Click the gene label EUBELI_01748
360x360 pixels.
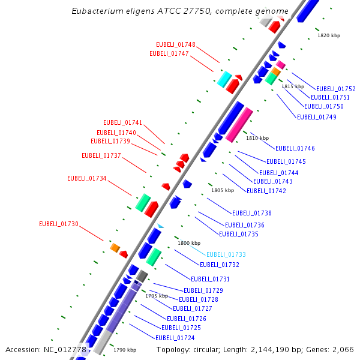point(176,44)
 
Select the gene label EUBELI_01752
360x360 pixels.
point(336,89)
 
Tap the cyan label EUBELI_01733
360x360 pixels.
point(226,254)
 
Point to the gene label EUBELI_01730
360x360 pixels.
point(59,224)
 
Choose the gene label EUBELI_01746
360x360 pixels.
point(295,148)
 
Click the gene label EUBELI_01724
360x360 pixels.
point(178,338)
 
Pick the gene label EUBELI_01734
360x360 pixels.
point(87,178)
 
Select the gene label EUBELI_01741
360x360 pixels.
point(123,122)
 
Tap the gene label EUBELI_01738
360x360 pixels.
point(252,213)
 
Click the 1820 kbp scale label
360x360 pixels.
point(329,35)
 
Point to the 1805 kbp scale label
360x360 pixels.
point(222,190)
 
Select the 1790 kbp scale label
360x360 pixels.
point(125,350)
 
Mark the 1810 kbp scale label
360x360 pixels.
point(257,138)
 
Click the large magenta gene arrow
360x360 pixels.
point(239,124)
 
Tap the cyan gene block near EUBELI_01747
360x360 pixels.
point(224,79)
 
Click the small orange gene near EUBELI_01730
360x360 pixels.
point(115,247)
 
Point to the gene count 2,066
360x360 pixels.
point(343,349)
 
